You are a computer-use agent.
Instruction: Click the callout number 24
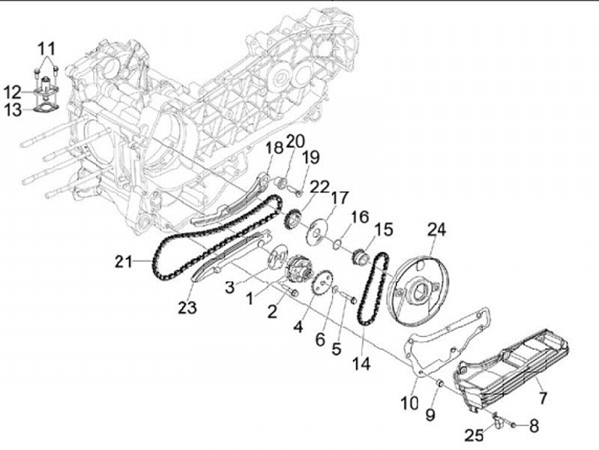(437, 229)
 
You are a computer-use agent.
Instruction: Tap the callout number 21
(124, 262)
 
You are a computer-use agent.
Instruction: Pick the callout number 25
(473, 435)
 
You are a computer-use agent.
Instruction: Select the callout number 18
(275, 148)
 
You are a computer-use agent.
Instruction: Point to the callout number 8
(533, 425)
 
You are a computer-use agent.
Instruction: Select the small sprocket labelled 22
(292, 221)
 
